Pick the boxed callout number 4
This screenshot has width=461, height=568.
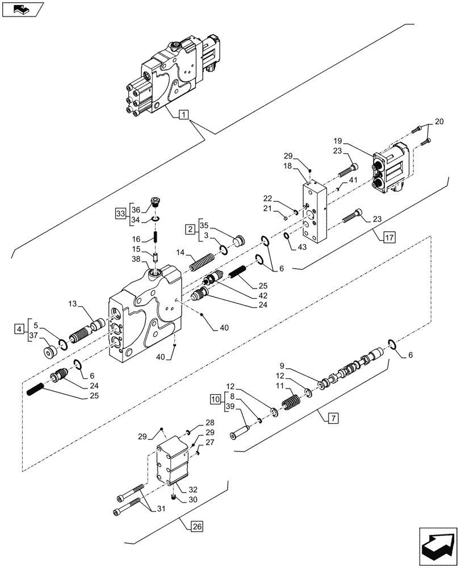20,329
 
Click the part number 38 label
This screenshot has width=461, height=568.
136,258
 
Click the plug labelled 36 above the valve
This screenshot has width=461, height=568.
156,202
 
